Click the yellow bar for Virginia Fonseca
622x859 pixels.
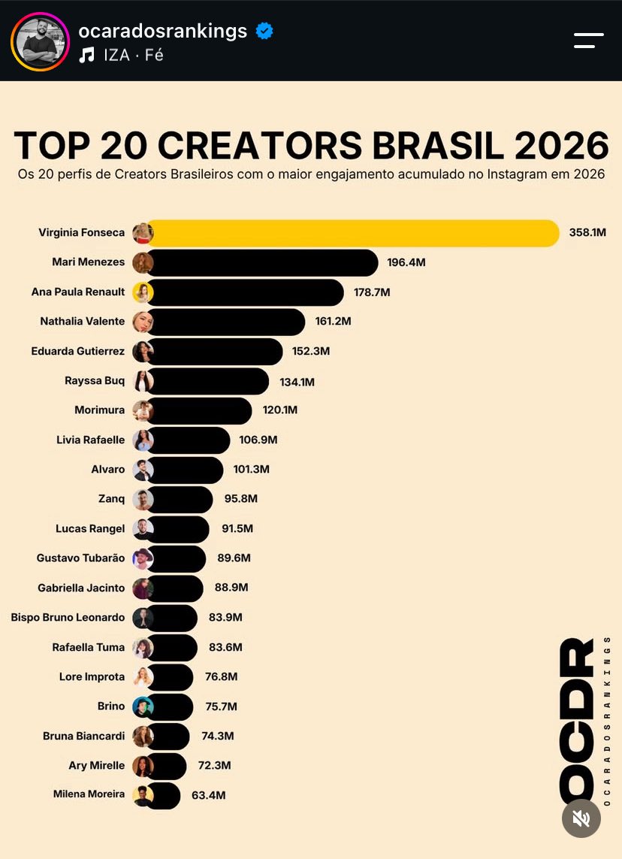point(353,233)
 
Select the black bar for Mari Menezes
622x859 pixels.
point(262,262)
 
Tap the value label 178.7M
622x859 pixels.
point(372,292)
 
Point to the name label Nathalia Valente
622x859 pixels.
point(82,321)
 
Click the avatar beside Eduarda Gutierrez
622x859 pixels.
point(143,351)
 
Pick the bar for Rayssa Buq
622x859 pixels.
point(207,381)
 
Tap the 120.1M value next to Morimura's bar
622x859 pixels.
point(279,410)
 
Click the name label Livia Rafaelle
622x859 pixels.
point(90,440)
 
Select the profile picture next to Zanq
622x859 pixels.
point(143,499)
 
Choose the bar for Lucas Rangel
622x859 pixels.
point(177,529)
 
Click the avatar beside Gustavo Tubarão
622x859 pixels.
point(143,558)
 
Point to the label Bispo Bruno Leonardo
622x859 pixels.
point(68,618)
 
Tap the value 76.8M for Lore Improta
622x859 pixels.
point(221,676)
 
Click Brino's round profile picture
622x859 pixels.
point(143,706)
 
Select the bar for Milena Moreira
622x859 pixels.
point(163,795)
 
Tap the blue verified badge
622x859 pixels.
point(264,31)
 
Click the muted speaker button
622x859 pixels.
point(581,818)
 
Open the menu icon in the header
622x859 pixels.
point(589,41)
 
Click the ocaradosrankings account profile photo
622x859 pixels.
point(40,41)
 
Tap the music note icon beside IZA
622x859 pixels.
point(86,55)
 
